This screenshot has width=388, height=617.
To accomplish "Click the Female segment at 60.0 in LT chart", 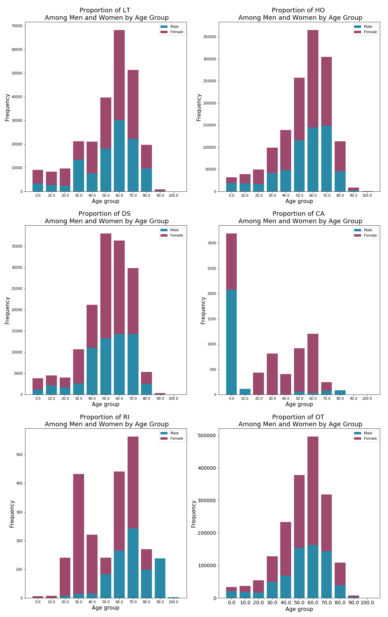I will point(119,75).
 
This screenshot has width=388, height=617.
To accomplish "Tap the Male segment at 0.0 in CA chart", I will point(231,342).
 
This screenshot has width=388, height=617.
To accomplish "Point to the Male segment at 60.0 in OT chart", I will point(313,571).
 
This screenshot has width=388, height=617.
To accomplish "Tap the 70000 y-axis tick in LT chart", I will point(17,26).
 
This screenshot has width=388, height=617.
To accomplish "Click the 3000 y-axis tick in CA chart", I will point(212,243).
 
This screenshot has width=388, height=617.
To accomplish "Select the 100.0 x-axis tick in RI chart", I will point(174,602).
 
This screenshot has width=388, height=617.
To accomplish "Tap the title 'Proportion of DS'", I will point(105,214).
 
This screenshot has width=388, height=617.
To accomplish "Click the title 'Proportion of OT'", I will point(298,417).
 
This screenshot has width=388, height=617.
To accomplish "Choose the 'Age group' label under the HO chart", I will point(299,201).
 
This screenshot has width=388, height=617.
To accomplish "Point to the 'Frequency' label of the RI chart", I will point(12,514).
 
